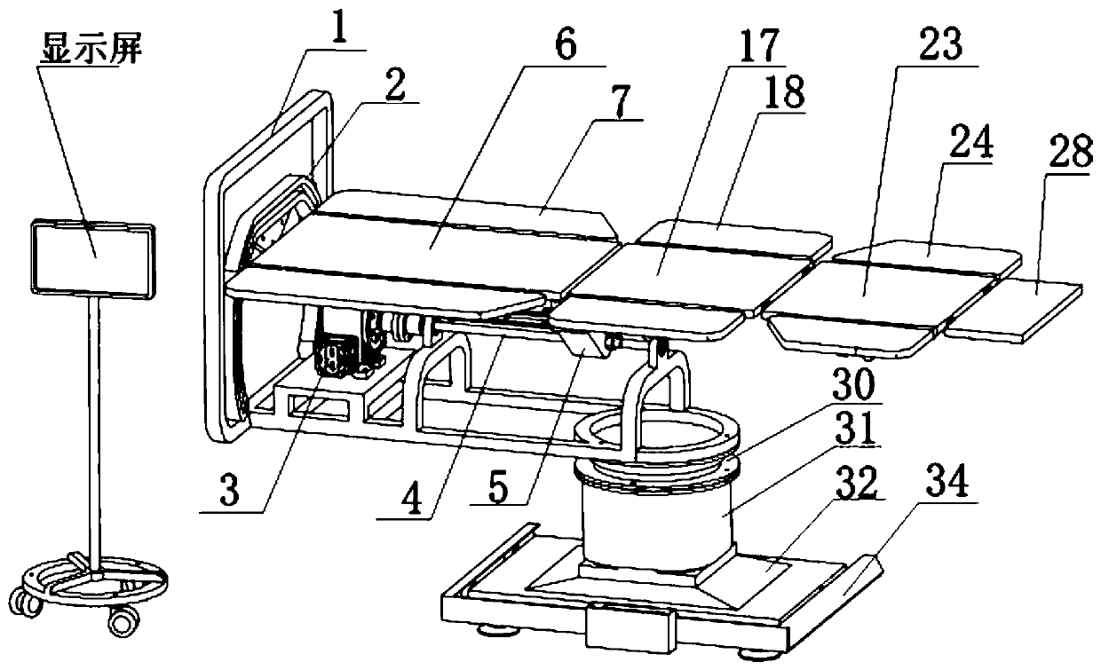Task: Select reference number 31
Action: pos(847,432)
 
